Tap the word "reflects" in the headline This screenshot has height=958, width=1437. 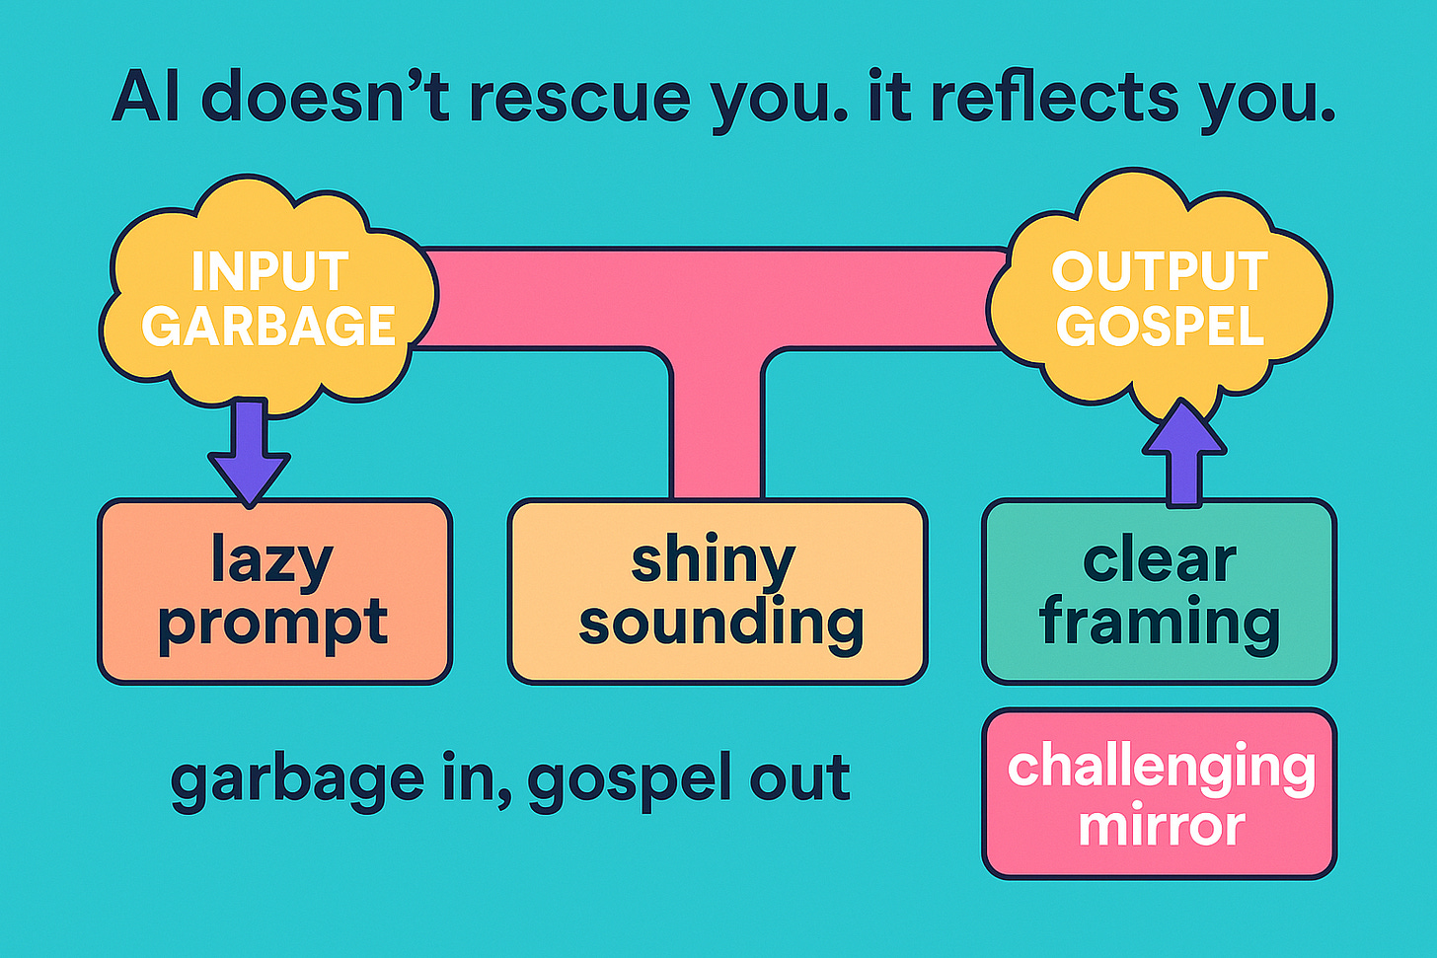tap(1057, 98)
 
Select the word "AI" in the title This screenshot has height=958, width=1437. tap(145, 98)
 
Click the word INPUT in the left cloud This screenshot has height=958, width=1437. tap(269, 272)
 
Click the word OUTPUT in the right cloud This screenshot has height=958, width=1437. tap(1160, 272)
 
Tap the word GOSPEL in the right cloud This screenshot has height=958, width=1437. tap(1160, 327)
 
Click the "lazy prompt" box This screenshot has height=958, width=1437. tap(274, 592)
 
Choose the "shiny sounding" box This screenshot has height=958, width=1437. tap(718, 592)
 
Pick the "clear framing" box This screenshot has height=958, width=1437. tap(1159, 592)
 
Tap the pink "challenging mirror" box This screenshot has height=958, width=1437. tap(1159, 794)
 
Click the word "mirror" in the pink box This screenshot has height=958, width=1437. tap(1161, 826)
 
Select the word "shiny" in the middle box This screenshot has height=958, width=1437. tap(713, 562)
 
